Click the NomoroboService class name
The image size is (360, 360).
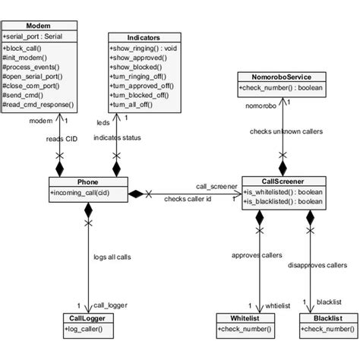282,77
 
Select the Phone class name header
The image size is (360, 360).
87,182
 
